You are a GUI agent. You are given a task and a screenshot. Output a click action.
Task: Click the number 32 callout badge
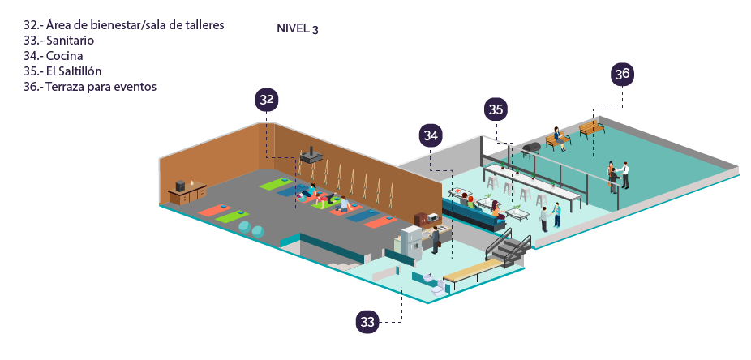(x=267, y=100)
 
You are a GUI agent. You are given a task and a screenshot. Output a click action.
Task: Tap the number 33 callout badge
(x=367, y=322)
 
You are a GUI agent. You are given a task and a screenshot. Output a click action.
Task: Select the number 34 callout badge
(x=431, y=135)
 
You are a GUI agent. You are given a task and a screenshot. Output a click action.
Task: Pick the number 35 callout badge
(x=496, y=110)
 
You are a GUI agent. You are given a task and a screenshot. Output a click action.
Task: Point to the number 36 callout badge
(x=622, y=75)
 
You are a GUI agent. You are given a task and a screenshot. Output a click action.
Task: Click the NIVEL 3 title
(x=298, y=28)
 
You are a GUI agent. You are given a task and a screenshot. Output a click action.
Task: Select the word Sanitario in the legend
(x=70, y=41)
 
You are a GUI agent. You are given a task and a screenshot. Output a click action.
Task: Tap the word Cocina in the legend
(x=65, y=55)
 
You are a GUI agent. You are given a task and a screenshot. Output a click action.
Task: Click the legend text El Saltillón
(x=74, y=71)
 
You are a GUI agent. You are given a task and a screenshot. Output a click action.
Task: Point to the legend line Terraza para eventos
(x=101, y=87)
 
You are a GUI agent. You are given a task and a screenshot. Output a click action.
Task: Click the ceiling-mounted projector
(x=311, y=155)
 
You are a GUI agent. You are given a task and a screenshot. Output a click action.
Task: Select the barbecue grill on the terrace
(x=530, y=149)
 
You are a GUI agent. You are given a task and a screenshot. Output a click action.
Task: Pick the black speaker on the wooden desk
(x=181, y=186)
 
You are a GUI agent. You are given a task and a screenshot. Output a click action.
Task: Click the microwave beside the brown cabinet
(x=432, y=217)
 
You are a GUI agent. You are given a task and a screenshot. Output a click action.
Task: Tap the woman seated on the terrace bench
(x=557, y=137)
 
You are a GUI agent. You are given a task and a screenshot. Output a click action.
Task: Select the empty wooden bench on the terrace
(x=592, y=128)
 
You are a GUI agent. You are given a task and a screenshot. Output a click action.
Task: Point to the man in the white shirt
(x=624, y=175)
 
